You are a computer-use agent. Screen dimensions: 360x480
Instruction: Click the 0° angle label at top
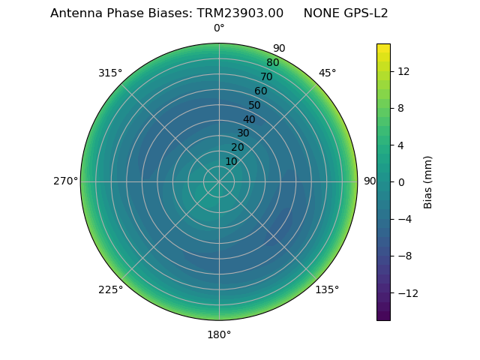click(x=219, y=28)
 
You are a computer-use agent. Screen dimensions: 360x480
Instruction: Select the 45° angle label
click(x=327, y=73)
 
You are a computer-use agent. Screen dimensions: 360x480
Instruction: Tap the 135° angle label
click(x=327, y=289)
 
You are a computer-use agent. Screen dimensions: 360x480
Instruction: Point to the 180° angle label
click(x=219, y=334)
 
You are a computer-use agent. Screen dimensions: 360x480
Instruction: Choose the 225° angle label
click(x=110, y=289)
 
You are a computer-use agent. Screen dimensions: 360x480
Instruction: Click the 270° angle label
click(x=65, y=181)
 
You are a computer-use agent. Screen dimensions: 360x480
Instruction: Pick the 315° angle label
click(x=110, y=73)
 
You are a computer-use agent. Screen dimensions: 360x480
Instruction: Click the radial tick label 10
click(x=231, y=161)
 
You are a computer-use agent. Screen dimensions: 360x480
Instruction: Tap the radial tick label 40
click(x=249, y=119)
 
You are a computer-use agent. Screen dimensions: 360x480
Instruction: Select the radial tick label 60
click(x=260, y=91)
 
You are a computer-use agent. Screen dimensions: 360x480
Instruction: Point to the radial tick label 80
click(x=272, y=63)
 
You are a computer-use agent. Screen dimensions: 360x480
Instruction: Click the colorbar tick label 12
click(x=403, y=71)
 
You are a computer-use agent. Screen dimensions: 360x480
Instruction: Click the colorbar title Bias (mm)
click(x=428, y=181)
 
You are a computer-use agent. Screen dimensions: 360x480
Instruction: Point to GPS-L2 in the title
click(x=364, y=13)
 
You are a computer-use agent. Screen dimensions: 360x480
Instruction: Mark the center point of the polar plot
click(x=219, y=181)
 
